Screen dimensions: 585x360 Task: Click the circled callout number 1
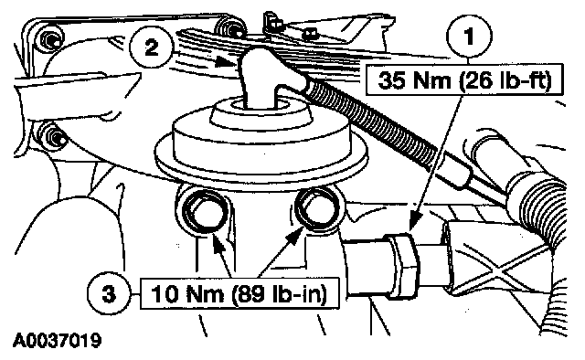pos(469,37)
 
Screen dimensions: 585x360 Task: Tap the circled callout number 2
pos(151,48)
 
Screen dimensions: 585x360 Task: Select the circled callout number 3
pos(109,294)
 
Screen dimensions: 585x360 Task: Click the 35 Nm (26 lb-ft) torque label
pos(463,79)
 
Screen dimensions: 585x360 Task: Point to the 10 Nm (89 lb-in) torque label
pos(239,293)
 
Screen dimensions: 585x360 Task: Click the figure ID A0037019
pos(57,340)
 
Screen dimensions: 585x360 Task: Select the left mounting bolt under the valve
pos(205,213)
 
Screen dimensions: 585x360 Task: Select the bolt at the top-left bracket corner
pos(50,37)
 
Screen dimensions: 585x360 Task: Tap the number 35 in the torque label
pos(391,80)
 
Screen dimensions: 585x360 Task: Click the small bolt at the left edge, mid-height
pos(52,136)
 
